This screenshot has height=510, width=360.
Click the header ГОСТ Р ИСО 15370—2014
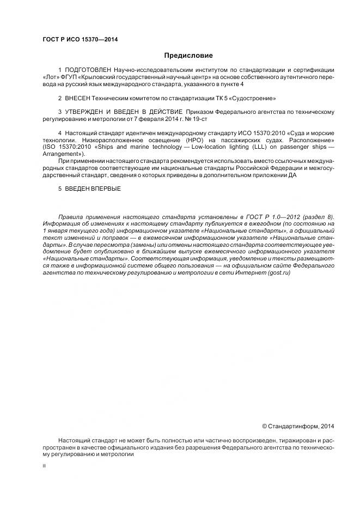(80, 40)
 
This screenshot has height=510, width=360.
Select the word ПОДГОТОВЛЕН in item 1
(88, 70)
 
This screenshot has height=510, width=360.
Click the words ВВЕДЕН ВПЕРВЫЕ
(93, 189)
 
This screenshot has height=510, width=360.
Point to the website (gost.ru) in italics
(279, 272)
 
